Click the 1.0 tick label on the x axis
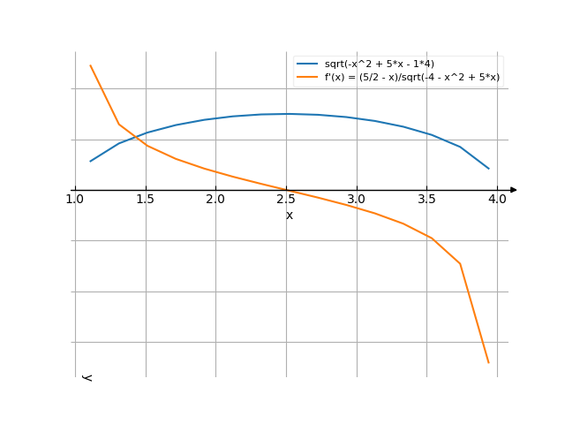click(x=74, y=200)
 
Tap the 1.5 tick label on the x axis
click(x=145, y=200)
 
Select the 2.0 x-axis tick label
click(x=215, y=200)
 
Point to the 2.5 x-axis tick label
click(x=286, y=200)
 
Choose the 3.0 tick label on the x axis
click(x=356, y=200)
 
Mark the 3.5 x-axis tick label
click(x=426, y=200)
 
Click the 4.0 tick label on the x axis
click(x=497, y=200)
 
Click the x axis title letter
click(x=289, y=215)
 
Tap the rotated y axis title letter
click(x=87, y=377)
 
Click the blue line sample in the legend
click(x=307, y=64)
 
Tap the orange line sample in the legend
click(x=307, y=78)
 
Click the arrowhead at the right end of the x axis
click(x=513, y=190)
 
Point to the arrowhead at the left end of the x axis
click(x=72, y=190)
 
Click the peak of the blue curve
click(x=286, y=114)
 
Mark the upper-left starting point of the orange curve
click(x=90, y=65)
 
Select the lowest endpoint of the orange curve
click(x=488, y=362)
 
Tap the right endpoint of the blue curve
click(x=488, y=168)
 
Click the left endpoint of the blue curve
click(x=90, y=161)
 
